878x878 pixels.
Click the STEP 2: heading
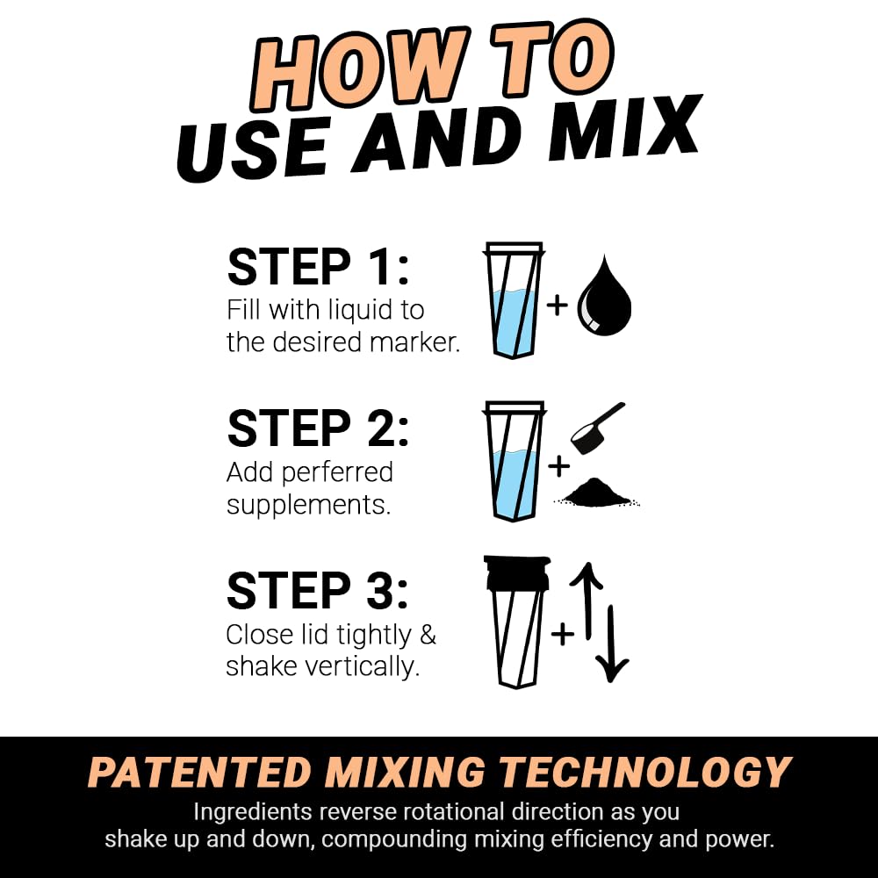click(x=318, y=428)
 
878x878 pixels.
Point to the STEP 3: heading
click(x=318, y=590)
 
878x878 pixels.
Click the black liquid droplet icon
click(x=604, y=299)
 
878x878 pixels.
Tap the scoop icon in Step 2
click(x=594, y=429)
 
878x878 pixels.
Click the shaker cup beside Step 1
click(x=514, y=299)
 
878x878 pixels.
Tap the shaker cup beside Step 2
click(x=514, y=462)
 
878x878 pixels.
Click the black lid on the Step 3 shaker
click(x=517, y=572)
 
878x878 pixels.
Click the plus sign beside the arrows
click(x=562, y=632)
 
